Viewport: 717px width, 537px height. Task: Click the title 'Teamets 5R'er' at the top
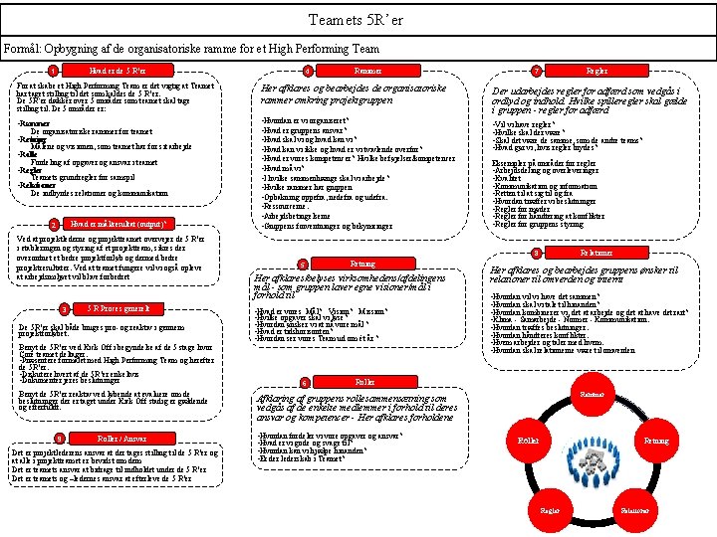(358, 19)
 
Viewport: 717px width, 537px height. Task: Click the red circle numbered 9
(62, 439)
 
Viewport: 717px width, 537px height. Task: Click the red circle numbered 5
(302, 264)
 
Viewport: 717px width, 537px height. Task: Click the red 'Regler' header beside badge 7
(597, 71)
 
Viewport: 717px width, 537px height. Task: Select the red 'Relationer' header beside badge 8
(597, 254)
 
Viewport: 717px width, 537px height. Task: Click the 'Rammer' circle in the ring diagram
(595, 396)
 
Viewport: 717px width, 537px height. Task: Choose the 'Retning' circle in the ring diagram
(656, 440)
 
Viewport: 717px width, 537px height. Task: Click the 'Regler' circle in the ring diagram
(551, 509)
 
